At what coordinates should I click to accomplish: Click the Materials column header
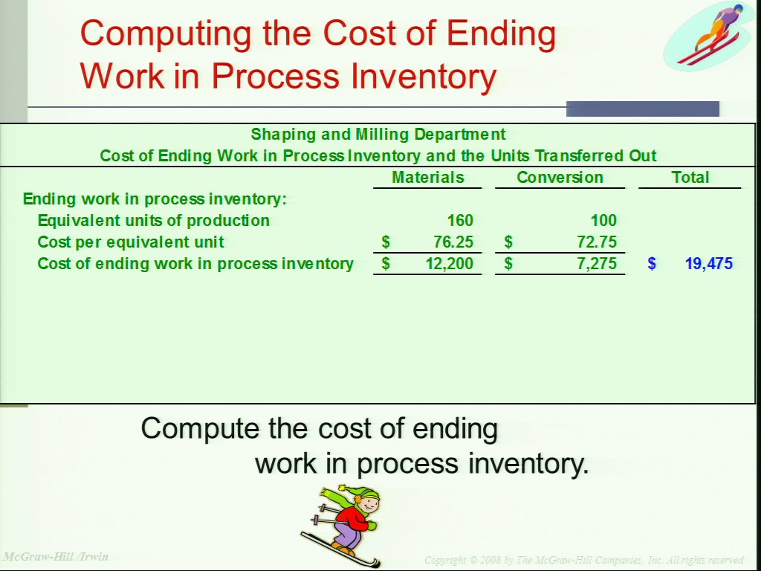click(427, 177)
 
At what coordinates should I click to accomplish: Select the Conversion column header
click(560, 177)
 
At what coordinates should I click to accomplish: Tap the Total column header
click(690, 177)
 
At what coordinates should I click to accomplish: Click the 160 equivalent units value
click(459, 220)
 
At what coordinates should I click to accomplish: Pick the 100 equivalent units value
click(603, 220)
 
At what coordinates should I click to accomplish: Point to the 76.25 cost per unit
click(453, 242)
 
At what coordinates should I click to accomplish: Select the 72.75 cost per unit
click(597, 242)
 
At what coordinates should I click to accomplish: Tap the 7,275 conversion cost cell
click(597, 263)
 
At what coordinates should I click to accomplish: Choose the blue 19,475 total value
click(708, 263)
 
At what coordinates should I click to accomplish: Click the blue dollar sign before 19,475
click(652, 263)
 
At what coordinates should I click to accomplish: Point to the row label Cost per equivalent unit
click(131, 242)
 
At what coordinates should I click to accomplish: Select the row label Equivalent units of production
click(153, 220)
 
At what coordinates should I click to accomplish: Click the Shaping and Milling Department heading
click(378, 134)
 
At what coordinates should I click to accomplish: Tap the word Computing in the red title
click(166, 35)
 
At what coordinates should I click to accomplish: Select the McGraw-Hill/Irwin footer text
click(55, 556)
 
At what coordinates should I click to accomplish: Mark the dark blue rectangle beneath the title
click(643, 109)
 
